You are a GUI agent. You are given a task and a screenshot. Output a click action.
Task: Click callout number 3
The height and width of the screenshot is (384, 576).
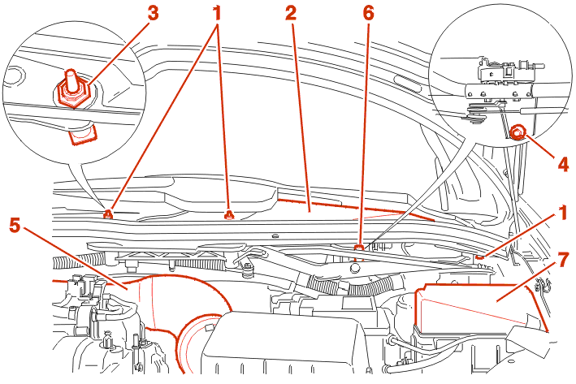[151, 14]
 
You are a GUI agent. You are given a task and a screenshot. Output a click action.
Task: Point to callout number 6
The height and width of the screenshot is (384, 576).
[367, 14]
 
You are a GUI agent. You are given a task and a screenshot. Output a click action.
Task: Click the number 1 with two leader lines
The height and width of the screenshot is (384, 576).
[217, 14]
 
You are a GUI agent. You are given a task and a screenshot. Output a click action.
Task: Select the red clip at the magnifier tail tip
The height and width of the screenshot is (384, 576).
[107, 214]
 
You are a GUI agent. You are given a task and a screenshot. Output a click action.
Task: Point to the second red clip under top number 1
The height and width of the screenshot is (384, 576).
[228, 214]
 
